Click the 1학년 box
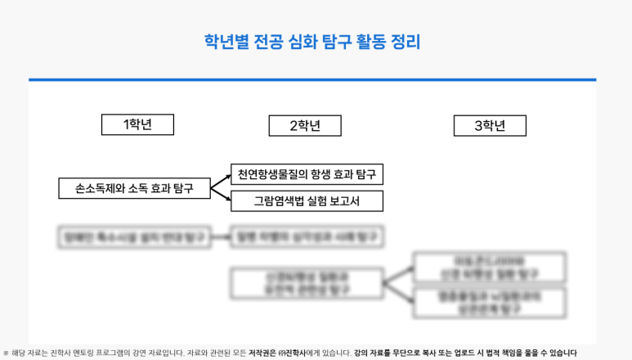[137, 124]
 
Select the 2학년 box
[304, 126]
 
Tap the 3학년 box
[490, 126]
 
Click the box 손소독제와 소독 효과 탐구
[134, 188]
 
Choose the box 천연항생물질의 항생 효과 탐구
[307, 174]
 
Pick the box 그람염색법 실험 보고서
[307, 201]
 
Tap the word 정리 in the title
[405, 42]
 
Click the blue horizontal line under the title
[312, 79]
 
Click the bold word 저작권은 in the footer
[264, 353]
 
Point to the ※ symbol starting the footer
[6, 353]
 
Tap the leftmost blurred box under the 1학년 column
[134, 237]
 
